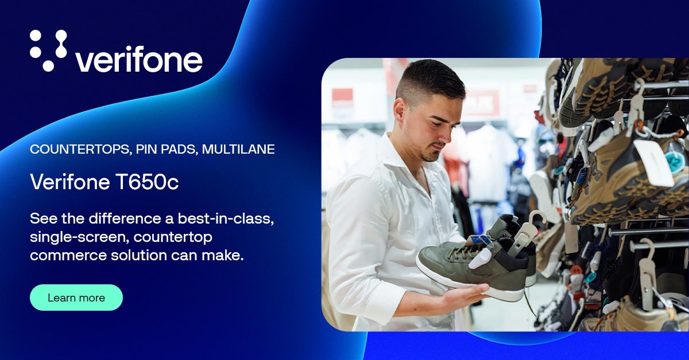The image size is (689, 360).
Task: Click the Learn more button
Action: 76,298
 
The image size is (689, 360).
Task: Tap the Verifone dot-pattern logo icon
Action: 48,50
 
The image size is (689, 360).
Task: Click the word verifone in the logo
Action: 139,59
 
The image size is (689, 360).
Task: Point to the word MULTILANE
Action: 238,149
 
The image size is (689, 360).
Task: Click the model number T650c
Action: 147,182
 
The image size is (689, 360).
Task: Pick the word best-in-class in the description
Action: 226,219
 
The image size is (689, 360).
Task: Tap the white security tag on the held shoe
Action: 480,258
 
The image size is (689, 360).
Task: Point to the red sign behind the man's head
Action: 342,98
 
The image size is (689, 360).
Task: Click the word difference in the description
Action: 125,218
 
